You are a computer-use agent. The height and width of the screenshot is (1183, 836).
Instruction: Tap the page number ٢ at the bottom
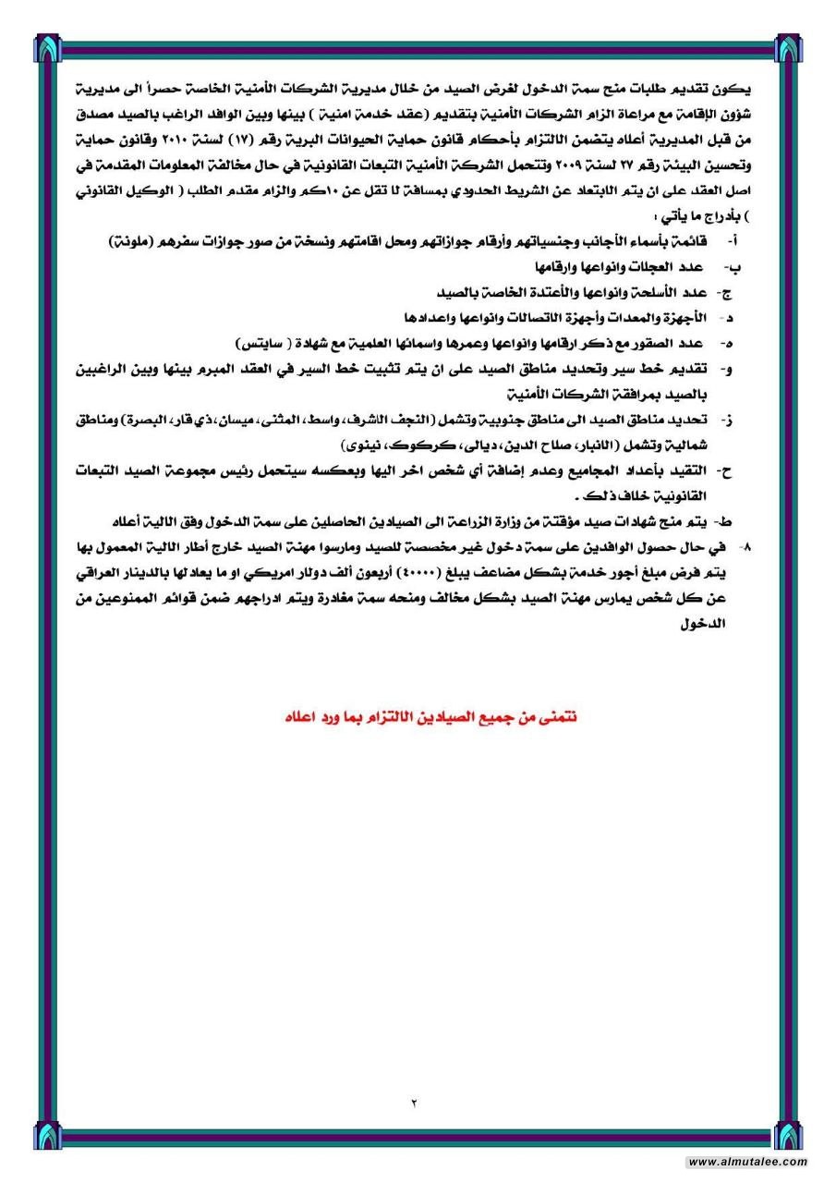coord(415,1101)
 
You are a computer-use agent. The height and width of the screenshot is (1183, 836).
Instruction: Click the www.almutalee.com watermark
coord(747,1162)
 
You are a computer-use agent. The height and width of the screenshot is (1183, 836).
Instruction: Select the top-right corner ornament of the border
coord(789,47)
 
